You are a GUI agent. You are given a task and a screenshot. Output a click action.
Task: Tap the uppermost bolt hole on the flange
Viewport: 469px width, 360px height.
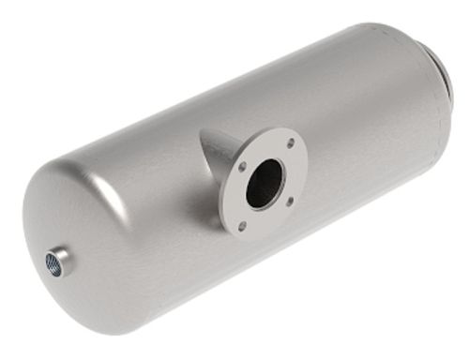click(290, 142)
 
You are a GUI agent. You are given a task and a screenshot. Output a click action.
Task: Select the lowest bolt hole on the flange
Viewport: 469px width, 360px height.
click(242, 226)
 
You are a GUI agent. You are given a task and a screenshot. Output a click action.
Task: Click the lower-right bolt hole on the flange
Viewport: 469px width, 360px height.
click(289, 201)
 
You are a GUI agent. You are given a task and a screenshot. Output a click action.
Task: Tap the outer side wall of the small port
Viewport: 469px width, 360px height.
click(66, 254)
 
